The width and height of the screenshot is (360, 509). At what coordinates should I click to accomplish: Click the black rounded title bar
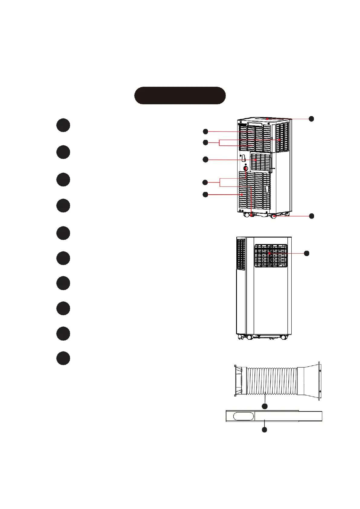180,96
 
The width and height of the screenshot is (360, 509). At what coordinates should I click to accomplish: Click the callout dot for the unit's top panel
311,118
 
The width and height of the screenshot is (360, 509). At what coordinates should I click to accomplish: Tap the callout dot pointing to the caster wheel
311,216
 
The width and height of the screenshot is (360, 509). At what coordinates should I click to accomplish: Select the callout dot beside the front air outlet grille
306,253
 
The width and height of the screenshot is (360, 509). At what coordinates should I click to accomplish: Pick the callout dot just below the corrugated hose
264,407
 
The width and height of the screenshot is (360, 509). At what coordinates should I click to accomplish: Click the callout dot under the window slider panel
264,430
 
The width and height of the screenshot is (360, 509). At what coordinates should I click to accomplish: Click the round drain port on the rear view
245,169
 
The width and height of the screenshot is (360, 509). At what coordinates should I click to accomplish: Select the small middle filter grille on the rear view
261,162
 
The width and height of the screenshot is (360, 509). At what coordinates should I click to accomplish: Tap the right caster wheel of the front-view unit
284,337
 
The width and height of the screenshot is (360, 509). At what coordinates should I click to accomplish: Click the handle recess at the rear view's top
255,124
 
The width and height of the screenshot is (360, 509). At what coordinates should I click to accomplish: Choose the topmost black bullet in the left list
63,125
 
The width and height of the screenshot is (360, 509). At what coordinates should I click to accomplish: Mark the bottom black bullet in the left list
63,358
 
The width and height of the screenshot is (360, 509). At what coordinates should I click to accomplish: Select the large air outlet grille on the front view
271,256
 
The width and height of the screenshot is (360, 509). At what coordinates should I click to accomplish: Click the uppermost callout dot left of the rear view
205,131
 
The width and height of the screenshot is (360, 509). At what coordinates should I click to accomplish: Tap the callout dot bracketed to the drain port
205,182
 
